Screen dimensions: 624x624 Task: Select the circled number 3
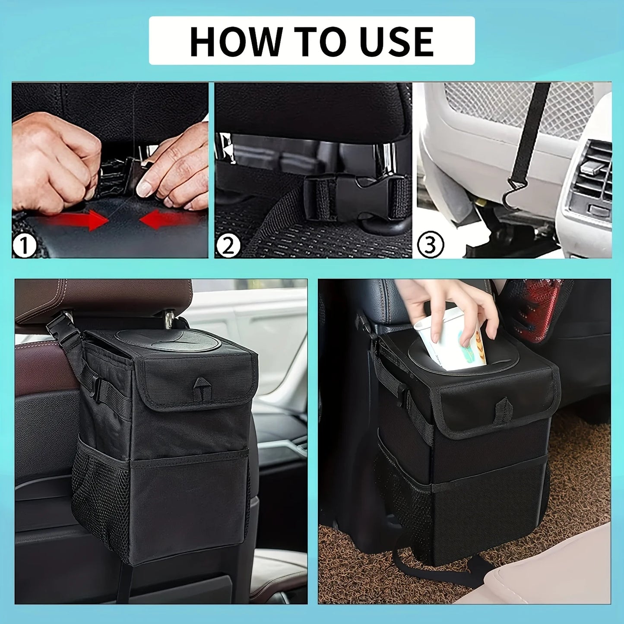click(x=430, y=244)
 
